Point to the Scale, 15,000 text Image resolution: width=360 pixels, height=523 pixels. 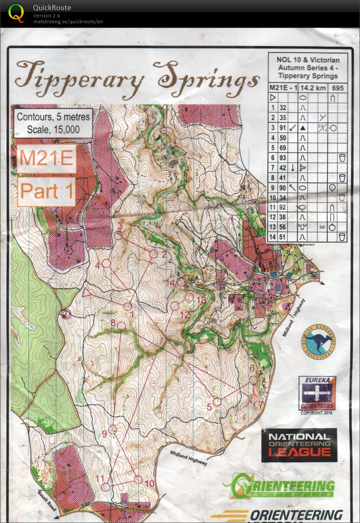point(53,129)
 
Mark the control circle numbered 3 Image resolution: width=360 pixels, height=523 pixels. point(119,235)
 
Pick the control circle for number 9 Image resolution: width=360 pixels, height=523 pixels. point(112,430)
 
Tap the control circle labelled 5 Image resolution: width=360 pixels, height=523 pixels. point(217,402)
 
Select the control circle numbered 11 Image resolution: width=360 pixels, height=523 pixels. point(106,487)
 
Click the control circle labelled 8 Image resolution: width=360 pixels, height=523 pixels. point(121,326)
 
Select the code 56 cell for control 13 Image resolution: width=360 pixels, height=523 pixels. point(282,227)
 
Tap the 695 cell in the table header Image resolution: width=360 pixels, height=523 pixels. point(338,88)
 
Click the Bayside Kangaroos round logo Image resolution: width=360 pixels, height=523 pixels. point(318,341)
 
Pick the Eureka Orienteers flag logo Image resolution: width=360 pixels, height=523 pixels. point(317,393)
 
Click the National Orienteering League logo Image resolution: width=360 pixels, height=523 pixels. point(299,445)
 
